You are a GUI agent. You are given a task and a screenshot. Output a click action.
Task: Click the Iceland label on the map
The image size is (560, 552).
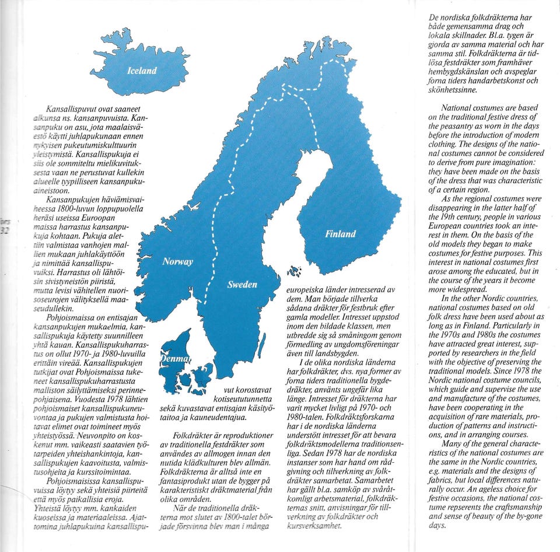click(x=142, y=71)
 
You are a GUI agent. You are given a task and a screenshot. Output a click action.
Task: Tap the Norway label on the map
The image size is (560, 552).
click(x=177, y=261)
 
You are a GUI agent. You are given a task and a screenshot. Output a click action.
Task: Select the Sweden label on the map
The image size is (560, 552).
click(x=242, y=285)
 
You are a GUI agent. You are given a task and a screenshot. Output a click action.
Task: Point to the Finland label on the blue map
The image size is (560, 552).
click(x=340, y=234)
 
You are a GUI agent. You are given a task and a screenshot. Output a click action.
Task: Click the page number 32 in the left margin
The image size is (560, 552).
click(x=6, y=229)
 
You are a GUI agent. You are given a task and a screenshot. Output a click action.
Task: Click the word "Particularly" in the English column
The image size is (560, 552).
click(x=500, y=325)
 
